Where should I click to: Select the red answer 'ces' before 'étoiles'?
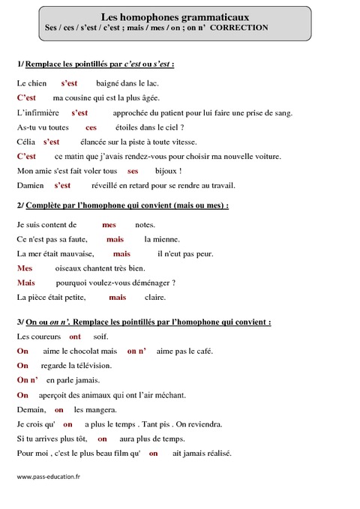(x=91, y=127)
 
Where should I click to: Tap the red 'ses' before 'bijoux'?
(x=133, y=171)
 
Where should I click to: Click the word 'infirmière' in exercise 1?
(x=41, y=113)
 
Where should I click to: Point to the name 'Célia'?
(x=25, y=142)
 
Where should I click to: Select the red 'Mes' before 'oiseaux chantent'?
(x=24, y=268)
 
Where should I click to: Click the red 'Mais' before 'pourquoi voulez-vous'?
(x=26, y=283)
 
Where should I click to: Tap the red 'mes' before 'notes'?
(x=109, y=224)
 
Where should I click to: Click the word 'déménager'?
(x=152, y=283)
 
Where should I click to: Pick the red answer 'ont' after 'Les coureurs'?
(x=75, y=337)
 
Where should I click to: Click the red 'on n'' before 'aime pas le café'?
(x=136, y=351)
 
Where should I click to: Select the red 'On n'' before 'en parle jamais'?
(x=26, y=380)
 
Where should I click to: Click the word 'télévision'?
(x=91, y=366)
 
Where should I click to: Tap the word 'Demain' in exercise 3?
(x=31, y=410)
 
